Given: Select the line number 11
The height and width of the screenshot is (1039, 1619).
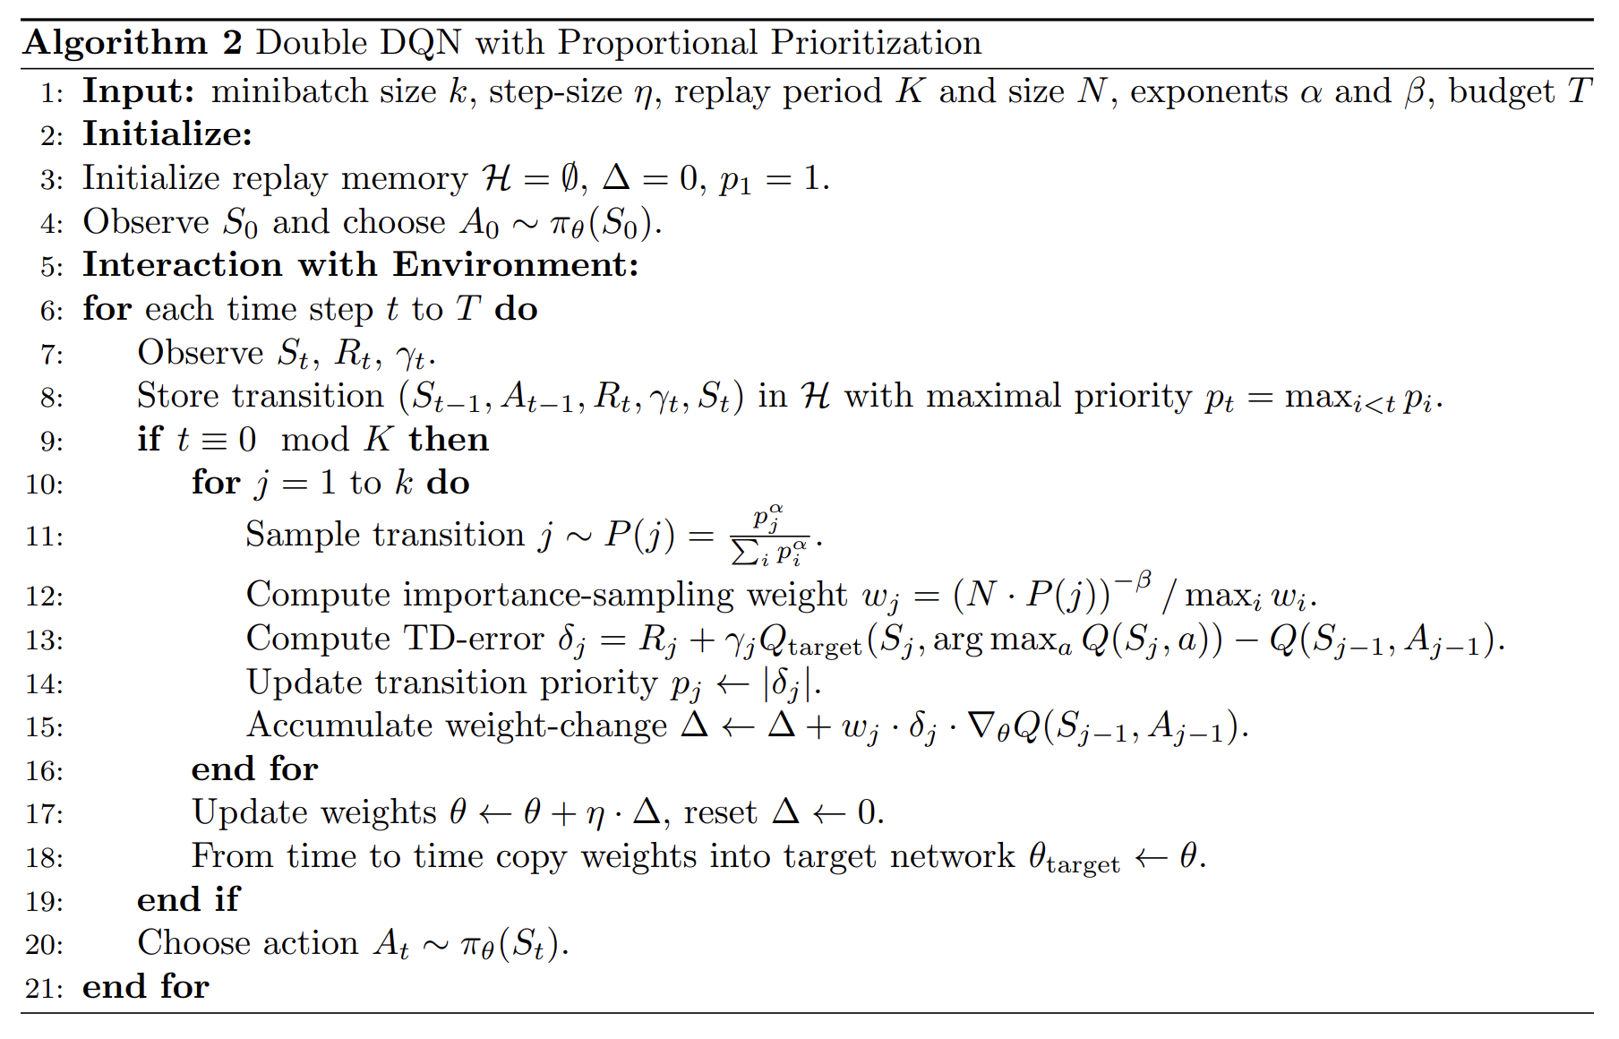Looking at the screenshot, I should [x=45, y=537].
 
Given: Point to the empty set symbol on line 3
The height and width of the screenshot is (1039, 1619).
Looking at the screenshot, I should [x=570, y=178].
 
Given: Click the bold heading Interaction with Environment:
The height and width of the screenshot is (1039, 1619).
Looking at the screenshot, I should [x=360, y=265].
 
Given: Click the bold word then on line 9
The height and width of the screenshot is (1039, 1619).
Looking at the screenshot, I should [x=449, y=440].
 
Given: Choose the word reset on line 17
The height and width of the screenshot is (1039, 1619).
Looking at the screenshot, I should [x=720, y=812].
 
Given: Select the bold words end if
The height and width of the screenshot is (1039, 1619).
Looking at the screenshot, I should [x=188, y=899].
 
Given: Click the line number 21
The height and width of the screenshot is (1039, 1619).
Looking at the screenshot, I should [x=45, y=988].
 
